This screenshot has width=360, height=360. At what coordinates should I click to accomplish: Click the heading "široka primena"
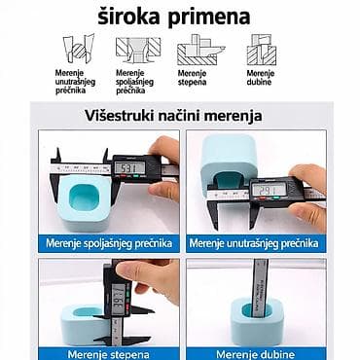179,17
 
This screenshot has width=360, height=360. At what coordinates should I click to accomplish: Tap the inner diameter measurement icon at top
78,49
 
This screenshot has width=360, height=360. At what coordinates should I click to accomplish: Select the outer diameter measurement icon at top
138,49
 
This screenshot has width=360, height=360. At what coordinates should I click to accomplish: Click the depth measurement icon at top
260,49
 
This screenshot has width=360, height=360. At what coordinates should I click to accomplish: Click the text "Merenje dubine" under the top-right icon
260,78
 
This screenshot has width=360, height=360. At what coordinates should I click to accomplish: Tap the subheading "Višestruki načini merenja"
180,117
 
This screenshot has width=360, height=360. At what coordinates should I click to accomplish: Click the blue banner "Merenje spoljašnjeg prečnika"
108,244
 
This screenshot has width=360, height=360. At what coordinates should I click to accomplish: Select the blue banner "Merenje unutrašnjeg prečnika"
255,244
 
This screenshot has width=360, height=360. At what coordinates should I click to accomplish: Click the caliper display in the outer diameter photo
129,166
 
